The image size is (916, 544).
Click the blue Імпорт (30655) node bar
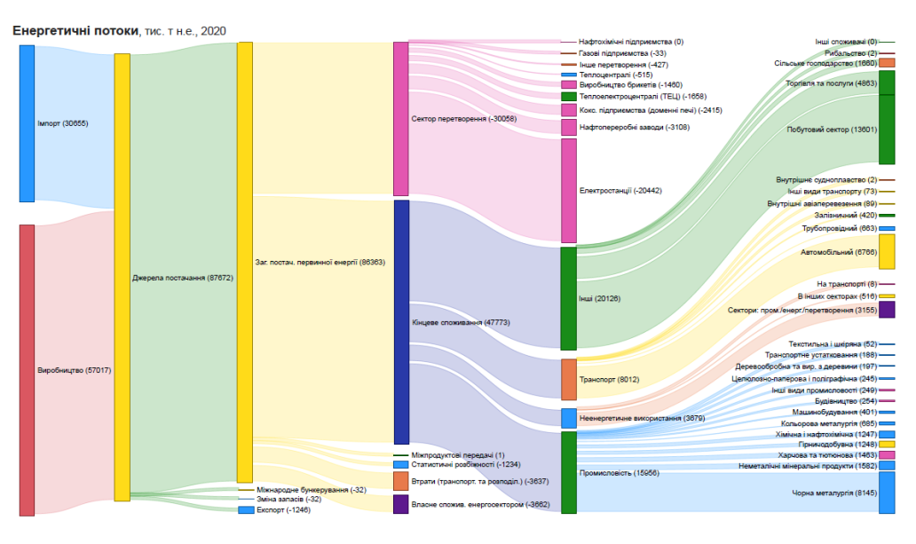coord(27,123)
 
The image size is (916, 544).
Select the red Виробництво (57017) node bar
coord(27,369)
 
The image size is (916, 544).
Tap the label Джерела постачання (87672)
coord(181,278)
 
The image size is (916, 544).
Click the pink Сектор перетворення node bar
coord(400,118)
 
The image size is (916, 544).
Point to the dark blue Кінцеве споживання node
coord(400,322)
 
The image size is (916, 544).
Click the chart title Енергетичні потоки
coord(75,31)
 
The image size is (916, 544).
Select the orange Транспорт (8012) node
coord(568,380)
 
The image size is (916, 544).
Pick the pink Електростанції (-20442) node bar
coord(568,190)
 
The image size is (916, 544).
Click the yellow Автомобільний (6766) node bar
coord(886,252)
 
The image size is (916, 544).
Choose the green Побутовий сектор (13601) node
coord(886,130)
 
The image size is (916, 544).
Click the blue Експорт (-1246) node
coord(246,510)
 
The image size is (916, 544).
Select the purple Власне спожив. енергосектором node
coord(400,504)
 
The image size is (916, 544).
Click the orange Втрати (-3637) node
coord(400,481)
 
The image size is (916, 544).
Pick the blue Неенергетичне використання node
coord(568,418)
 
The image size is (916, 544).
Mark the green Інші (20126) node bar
coord(568,298)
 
